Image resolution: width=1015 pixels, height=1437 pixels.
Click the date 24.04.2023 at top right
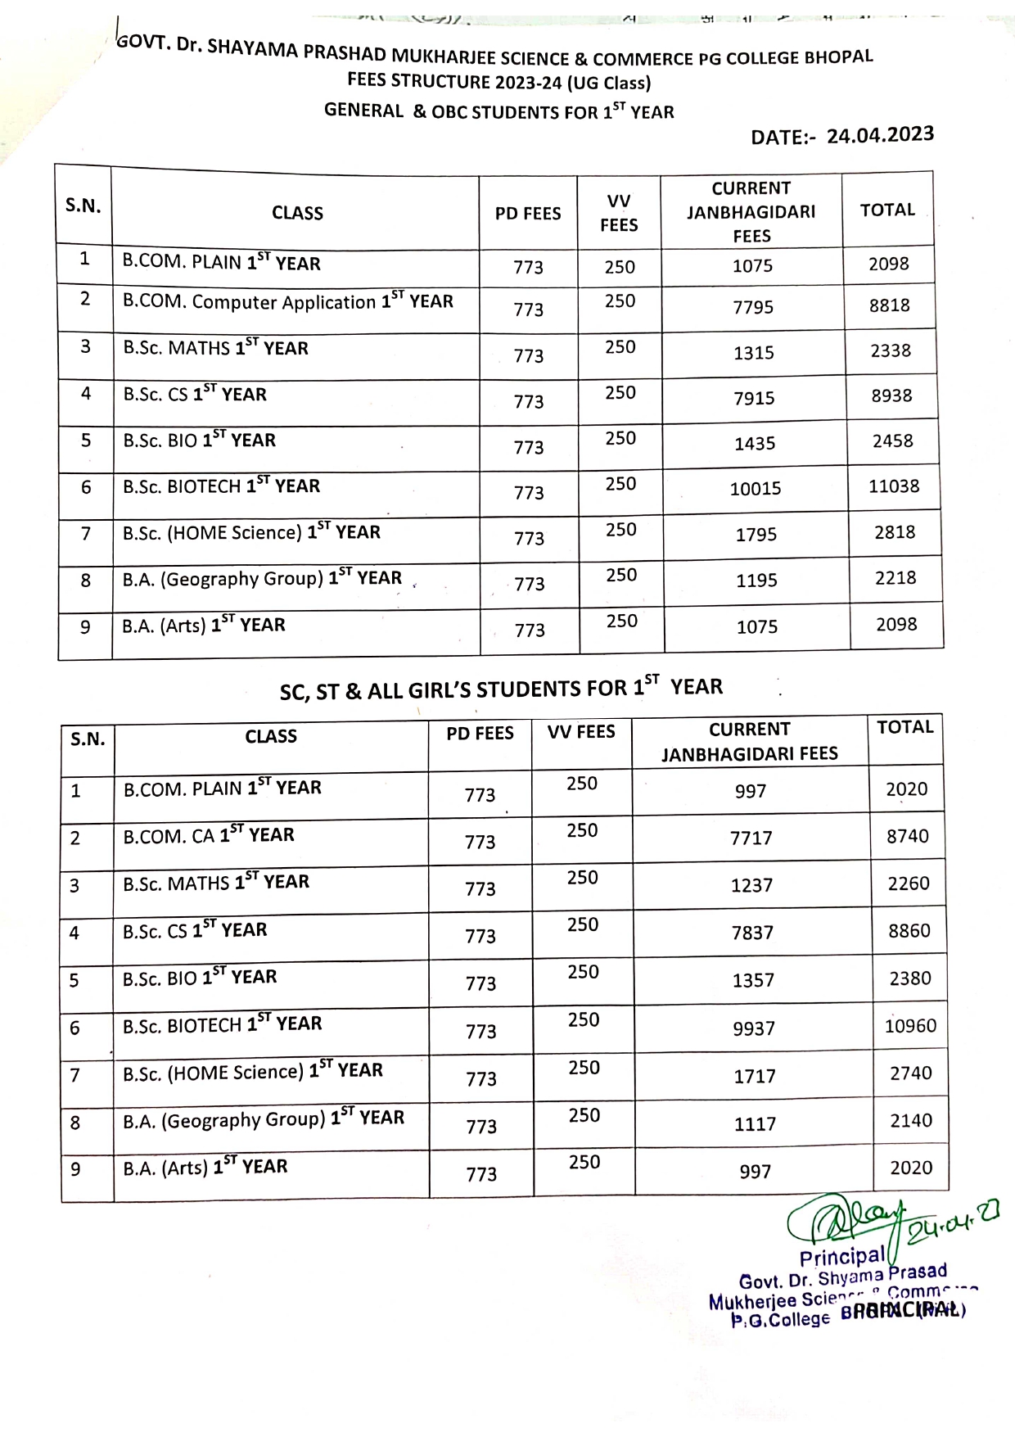[x=879, y=135]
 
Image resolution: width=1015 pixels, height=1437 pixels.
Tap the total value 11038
[x=893, y=486]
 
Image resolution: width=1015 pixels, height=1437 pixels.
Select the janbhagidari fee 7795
[x=753, y=307]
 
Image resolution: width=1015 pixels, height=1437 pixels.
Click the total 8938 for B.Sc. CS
[x=891, y=395]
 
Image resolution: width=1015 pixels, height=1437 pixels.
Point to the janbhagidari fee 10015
[x=755, y=489]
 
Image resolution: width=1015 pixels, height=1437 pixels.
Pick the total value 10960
[x=910, y=1026]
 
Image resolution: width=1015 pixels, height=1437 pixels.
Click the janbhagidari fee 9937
[x=753, y=1028]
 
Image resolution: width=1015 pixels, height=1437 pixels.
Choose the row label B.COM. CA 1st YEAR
[x=208, y=835]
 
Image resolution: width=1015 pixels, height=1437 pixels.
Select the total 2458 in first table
[x=892, y=441]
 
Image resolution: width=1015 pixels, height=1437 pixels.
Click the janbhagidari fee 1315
[x=753, y=353]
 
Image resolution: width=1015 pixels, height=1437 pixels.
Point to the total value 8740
[x=908, y=836]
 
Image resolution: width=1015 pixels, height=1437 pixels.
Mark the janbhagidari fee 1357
[x=753, y=980]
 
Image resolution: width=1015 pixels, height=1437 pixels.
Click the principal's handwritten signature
[x=847, y=1221]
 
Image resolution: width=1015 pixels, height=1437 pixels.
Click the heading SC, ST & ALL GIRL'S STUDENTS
[x=501, y=689]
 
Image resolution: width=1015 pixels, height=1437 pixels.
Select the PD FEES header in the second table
[x=480, y=734]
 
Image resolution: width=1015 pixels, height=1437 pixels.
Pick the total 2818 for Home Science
[x=894, y=532]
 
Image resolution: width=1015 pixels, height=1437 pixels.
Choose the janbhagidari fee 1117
[x=754, y=1124]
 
